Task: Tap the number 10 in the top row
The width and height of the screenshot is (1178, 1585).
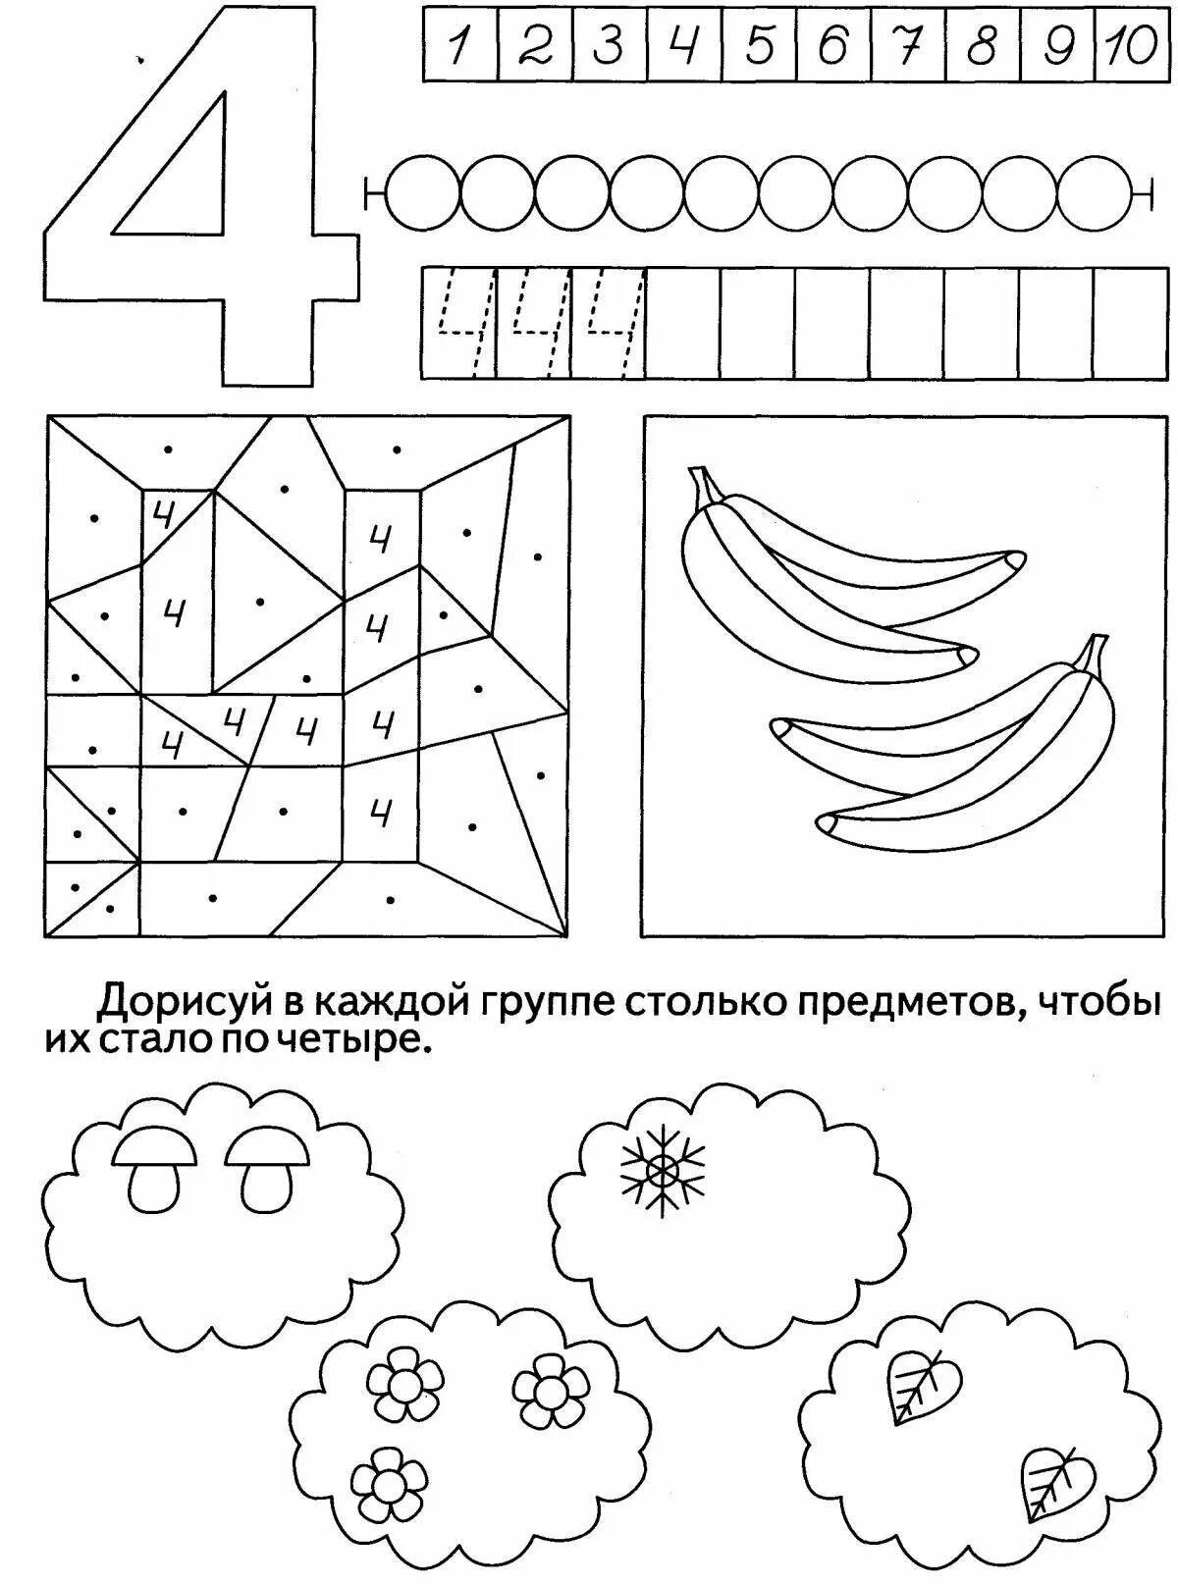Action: coord(1132,44)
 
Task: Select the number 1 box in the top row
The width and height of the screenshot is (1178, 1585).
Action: coord(459,44)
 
